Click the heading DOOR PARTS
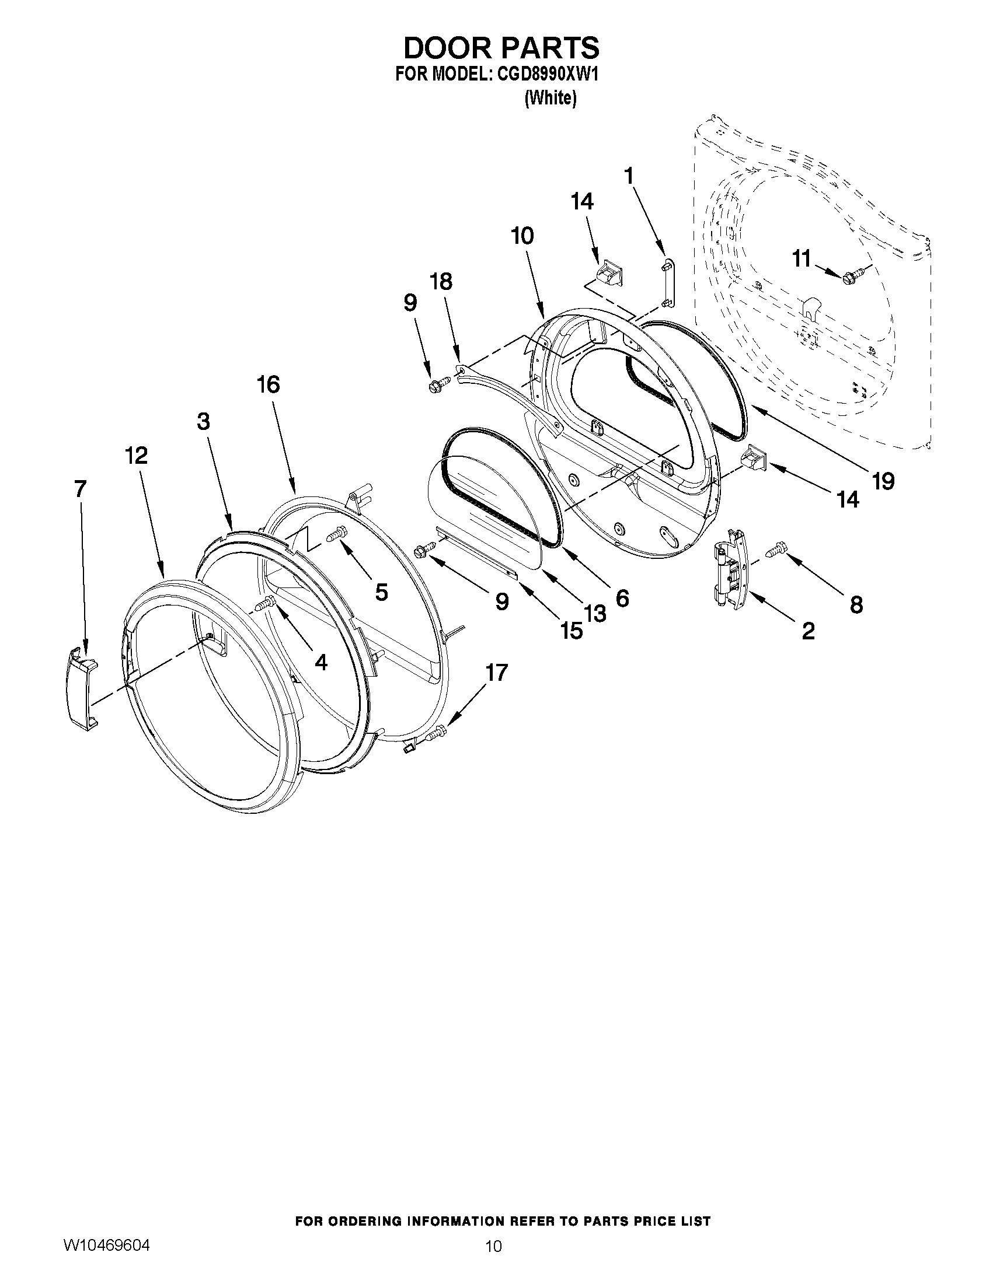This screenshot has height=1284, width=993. [x=501, y=48]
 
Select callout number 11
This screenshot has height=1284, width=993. [x=801, y=258]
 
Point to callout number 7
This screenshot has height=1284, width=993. [x=81, y=489]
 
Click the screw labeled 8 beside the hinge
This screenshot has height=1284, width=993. [x=775, y=550]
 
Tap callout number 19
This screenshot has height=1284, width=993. [x=883, y=481]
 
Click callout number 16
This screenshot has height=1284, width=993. [x=268, y=385]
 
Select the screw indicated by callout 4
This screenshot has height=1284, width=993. [x=266, y=603]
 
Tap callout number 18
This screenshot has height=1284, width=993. [x=441, y=282]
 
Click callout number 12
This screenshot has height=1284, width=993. [x=136, y=456]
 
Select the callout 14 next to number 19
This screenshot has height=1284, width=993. [x=848, y=499]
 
